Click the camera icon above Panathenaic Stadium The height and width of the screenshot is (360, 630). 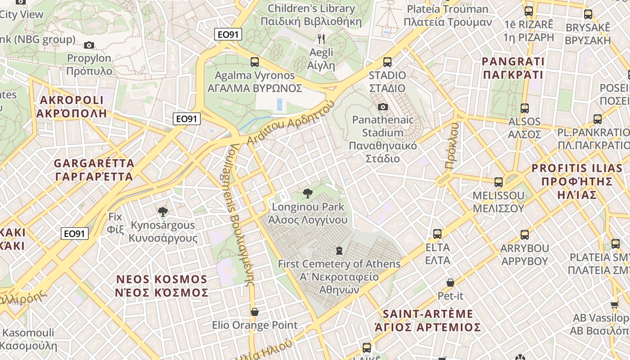pos(383,107)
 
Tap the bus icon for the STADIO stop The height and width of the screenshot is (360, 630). pos(387,62)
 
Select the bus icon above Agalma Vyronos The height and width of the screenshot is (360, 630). pos(255,62)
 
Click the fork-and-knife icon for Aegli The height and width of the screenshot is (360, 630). pos(321,39)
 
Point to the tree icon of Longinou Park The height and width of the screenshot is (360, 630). pos(308,194)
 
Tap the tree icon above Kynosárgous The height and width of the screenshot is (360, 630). pos(163,211)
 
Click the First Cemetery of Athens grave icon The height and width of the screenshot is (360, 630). pos(339,250)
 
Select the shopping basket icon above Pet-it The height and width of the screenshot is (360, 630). pos(450,283)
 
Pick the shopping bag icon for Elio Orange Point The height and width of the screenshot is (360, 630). pos(255,312)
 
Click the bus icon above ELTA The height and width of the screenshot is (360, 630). pos(437,234)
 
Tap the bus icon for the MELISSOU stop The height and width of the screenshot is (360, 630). pos(499,182)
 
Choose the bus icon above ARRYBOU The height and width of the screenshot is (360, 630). pos(525,235)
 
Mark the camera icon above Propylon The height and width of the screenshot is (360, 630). pos(89,45)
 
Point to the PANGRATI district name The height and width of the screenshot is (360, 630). pos(513,67)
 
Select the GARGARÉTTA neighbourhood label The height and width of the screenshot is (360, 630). pos(94,169)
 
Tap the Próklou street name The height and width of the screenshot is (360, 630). pos(452,146)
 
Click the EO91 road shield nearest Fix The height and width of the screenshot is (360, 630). pos(75,234)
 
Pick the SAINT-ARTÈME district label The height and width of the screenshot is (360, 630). pos(428,320)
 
